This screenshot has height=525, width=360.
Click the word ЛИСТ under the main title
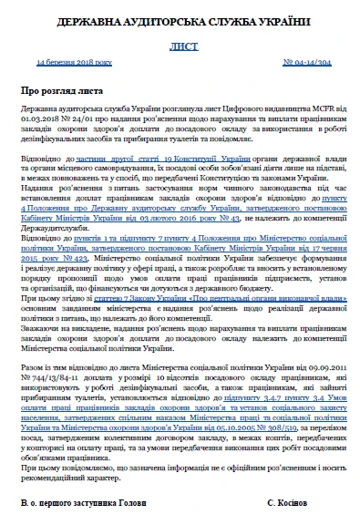point(180,44)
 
